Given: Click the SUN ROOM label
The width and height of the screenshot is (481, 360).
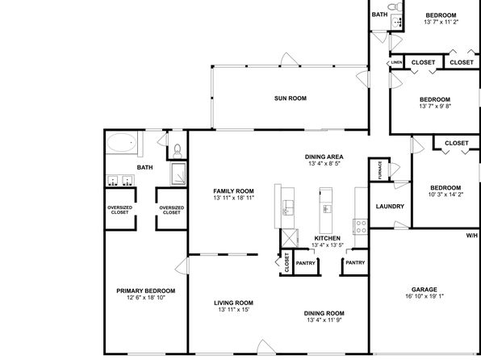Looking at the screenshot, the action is [x=291, y=98].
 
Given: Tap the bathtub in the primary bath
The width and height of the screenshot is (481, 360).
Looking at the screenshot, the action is [x=122, y=142].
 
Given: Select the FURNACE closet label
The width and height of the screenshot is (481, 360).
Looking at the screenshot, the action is [x=380, y=170].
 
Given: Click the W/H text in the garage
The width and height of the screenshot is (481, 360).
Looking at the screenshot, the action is [x=472, y=236].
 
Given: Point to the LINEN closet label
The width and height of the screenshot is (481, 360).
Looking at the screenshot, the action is [x=396, y=63].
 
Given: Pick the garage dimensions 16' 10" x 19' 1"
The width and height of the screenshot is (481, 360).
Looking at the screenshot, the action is [x=425, y=296].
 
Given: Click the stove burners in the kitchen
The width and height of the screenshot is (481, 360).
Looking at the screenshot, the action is [x=361, y=227].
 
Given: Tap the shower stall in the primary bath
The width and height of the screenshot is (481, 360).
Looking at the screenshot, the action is [x=178, y=174].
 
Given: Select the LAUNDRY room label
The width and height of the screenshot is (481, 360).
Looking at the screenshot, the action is [x=390, y=207].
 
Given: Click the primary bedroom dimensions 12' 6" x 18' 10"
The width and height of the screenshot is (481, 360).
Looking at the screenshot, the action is [x=146, y=297].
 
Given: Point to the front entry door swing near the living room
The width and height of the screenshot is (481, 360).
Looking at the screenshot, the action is [x=266, y=347].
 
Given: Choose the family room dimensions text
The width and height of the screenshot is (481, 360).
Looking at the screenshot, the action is [x=234, y=198].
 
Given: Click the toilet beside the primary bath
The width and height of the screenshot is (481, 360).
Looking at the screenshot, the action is [x=178, y=151].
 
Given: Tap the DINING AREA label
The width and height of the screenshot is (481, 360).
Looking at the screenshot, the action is [x=324, y=157].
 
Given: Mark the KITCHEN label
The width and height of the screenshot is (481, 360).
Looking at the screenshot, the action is [x=328, y=238].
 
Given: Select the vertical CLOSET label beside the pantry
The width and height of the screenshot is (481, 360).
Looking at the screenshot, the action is [x=287, y=262].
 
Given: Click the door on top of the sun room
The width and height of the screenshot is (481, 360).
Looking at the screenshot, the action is [x=289, y=59].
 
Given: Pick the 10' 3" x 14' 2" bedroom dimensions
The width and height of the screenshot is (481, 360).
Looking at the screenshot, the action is [x=445, y=195].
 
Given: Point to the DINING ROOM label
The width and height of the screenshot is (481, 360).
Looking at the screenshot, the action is [x=324, y=313].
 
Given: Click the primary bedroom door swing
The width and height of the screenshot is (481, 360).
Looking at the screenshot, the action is [x=182, y=266].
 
